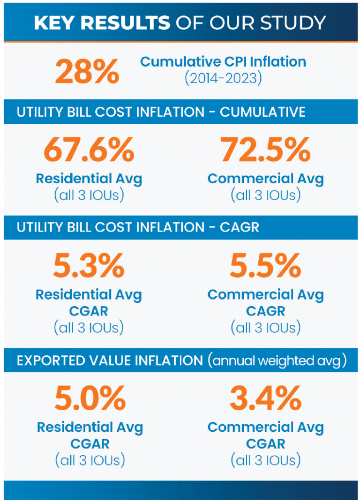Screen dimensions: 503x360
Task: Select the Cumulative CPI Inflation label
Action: coord(223,61)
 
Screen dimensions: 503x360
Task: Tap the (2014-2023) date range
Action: coord(223,78)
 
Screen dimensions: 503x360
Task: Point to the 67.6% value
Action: coord(89,150)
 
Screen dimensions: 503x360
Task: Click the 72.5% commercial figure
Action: coord(265,150)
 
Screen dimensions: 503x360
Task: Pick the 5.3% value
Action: coord(89,266)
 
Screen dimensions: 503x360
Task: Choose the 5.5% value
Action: coord(265,266)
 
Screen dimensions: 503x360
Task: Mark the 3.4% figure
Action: coord(265,399)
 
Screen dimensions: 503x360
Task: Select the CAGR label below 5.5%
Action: coord(265,311)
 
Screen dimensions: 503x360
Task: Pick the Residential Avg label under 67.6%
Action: coord(89,179)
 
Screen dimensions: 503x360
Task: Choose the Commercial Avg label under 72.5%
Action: coord(265,179)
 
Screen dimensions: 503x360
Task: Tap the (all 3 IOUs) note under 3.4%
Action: coord(265,460)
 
